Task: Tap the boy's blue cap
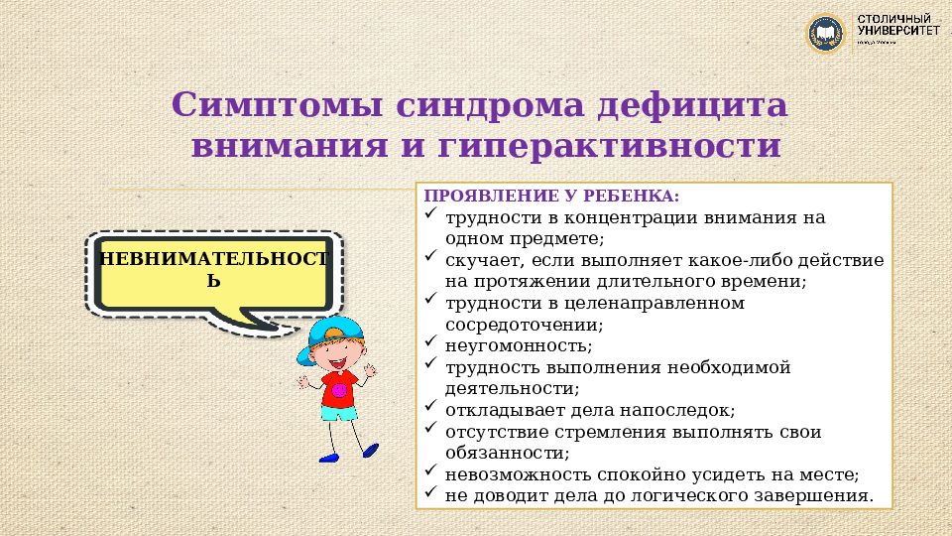[332, 333]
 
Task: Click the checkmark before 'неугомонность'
[430, 344]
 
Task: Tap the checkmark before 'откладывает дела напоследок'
[430, 408]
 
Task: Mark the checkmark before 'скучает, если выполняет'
[430, 257]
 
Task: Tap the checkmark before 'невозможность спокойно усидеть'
[430, 473]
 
